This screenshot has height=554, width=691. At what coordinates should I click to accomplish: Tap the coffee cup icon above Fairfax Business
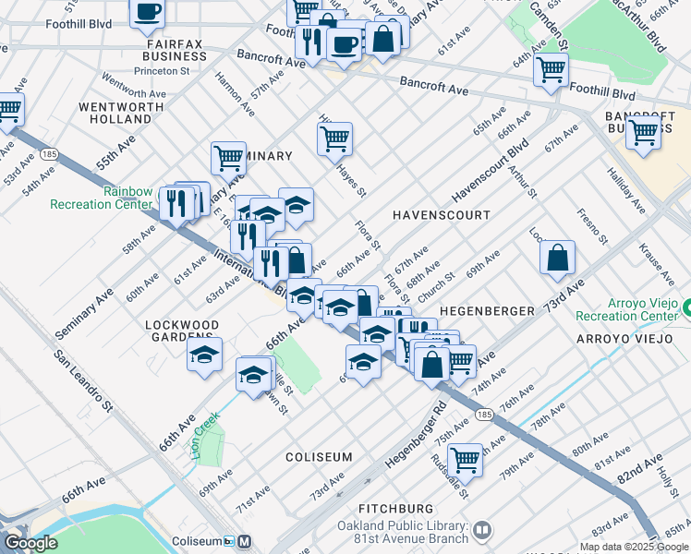click(x=148, y=12)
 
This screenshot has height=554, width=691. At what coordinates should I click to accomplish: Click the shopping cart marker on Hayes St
click(x=334, y=139)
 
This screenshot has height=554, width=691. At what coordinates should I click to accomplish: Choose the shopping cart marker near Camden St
click(x=551, y=69)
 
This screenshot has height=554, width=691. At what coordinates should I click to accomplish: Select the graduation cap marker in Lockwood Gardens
click(x=204, y=355)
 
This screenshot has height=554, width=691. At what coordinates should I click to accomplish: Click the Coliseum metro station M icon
click(x=244, y=541)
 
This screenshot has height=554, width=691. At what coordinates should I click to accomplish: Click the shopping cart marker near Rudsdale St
click(x=465, y=459)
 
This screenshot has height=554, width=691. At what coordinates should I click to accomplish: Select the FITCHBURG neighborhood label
click(x=395, y=509)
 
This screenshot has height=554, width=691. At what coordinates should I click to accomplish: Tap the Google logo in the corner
click(x=31, y=543)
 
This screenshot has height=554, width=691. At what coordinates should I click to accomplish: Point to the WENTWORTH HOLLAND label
click(x=115, y=113)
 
